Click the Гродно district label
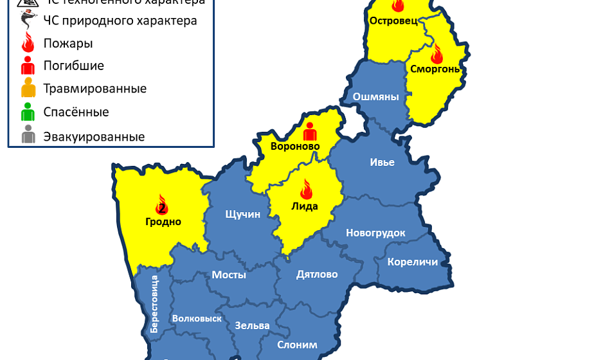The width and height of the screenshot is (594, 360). coord(163,222)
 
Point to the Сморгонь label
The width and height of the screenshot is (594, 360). coord(435,69)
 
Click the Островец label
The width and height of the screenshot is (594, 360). coord(393,21)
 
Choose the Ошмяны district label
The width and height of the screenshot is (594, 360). coord(376,97)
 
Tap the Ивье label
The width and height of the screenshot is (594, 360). coord(382,162)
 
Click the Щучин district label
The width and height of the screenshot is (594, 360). coord(242,214)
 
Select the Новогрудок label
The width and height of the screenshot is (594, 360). coord(375,233)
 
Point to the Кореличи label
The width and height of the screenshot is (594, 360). coord(413,262)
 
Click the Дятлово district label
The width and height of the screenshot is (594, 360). coord(317,274)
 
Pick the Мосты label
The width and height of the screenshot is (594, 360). coord(229,274)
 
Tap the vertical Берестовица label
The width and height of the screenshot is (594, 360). coord(154,303)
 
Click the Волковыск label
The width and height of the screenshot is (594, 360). coord(197,318)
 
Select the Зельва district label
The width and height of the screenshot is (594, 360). coord(252,325)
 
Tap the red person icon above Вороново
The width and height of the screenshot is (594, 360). coord(310,131)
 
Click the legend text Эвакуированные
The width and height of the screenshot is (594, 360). coord(94,136)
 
